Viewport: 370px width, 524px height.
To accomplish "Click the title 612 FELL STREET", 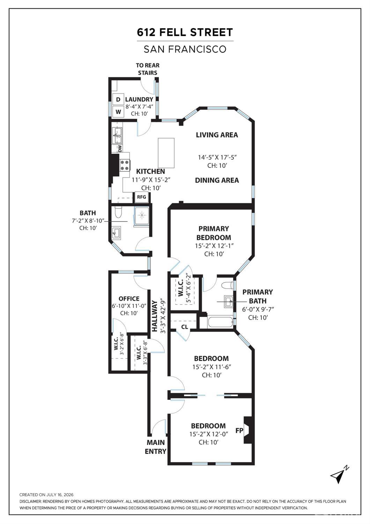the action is point(185,32).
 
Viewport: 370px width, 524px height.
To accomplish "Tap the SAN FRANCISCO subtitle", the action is point(185,49).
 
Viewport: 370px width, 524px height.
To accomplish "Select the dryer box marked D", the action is point(118,99).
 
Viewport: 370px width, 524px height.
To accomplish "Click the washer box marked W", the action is point(118,112).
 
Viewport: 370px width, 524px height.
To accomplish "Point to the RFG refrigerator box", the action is point(141,197).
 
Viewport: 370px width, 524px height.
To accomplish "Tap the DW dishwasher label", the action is point(119,148).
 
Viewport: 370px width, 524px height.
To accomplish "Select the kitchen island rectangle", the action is point(166,153).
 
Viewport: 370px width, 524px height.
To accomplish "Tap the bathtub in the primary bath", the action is point(220,322).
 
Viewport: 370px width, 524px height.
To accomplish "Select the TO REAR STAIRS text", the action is point(148,69).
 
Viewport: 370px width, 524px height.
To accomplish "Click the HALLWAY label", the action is point(155,316).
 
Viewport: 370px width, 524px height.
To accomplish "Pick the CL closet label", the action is point(185,327).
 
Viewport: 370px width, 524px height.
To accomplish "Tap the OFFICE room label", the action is point(129,299).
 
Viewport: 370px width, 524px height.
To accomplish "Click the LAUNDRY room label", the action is point(139,99).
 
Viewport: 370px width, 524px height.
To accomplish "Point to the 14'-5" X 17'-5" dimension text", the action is point(217,157).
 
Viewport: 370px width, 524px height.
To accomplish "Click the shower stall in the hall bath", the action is point(141,217).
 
